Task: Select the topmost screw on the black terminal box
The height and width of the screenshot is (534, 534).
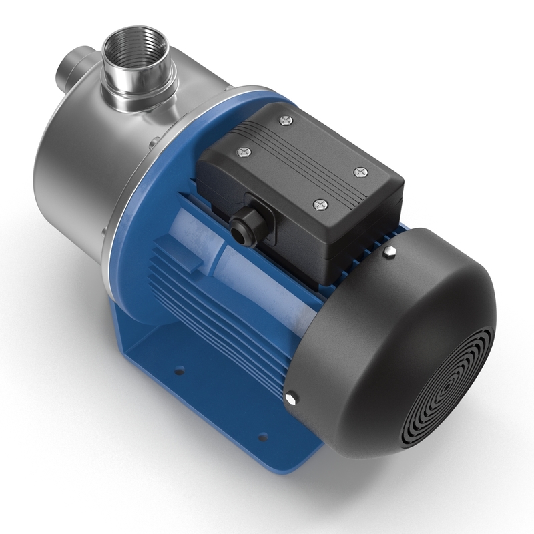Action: [x=286, y=120]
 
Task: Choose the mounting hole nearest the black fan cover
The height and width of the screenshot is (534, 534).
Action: [x=262, y=437]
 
